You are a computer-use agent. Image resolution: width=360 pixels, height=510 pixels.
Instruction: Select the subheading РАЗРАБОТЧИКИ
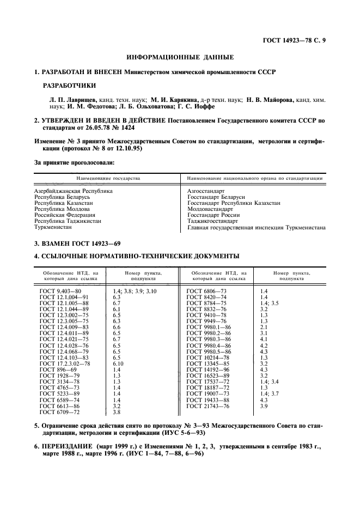coord(69,86)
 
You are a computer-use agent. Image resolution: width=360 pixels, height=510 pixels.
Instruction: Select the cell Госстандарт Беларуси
coord(216,197)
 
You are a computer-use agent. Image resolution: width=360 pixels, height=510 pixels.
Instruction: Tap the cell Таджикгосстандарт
coord(212,221)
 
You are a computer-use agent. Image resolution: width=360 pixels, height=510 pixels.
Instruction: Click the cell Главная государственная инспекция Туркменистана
coord(256,228)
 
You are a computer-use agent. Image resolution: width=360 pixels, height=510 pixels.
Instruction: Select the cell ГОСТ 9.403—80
coord(60,292)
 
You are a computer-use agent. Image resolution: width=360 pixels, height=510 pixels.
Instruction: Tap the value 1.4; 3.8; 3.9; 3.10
coord(134,292)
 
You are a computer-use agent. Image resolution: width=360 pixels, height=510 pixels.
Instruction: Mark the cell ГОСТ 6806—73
coord(206,292)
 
